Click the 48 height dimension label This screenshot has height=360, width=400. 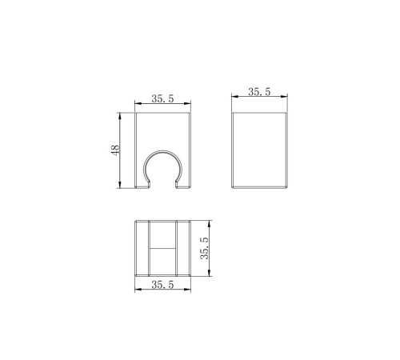[115, 150]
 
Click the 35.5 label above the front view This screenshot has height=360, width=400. [162, 98]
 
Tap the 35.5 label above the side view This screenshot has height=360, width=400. [259, 92]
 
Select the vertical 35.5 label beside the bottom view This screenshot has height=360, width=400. [205, 249]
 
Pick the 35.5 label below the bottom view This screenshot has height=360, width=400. [162, 285]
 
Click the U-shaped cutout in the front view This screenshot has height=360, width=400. [163, 151]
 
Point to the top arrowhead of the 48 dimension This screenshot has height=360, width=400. [120, 116]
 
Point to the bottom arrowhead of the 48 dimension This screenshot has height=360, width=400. [120, 185]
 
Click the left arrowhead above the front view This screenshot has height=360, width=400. [138, 103]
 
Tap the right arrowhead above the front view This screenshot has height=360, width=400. [188, 103]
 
